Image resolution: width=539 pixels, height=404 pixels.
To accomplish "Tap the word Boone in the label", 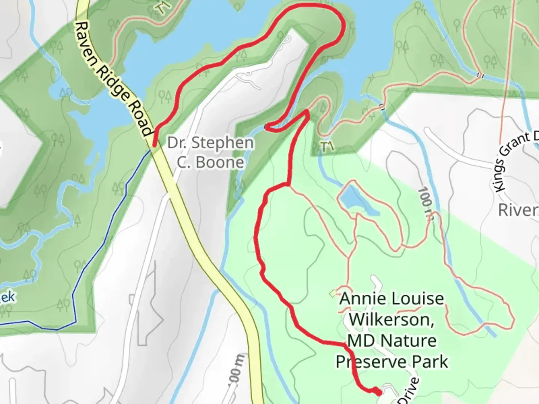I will [x=210, y=162].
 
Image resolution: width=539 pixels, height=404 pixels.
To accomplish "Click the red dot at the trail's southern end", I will [x=379, y=392].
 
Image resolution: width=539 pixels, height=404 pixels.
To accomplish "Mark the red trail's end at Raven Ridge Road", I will [x=155, y=143].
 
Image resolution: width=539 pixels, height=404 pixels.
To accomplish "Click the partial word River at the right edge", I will [x=518, y=210].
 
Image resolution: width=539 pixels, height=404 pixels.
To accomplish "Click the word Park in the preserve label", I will [x=430, y=362].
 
